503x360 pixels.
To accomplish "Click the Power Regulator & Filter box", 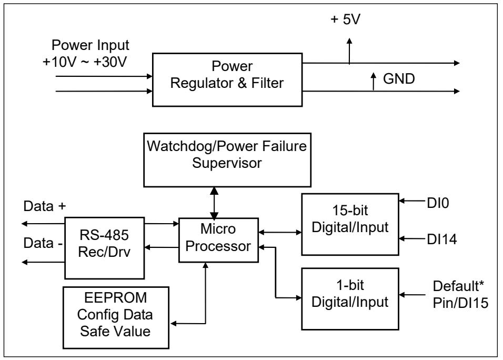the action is click(227, 79).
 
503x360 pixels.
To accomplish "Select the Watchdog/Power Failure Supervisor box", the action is click(227, 160).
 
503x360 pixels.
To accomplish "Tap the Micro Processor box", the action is click(218, 240).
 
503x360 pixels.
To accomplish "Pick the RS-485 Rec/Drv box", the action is click(105, 248).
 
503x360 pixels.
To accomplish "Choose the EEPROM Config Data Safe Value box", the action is click(116, 318).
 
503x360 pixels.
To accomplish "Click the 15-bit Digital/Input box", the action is click(350, 224).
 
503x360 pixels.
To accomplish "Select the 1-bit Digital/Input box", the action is click(350, 299).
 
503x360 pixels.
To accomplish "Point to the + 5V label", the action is click(346, 19).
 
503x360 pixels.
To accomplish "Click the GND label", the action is click(399, 79).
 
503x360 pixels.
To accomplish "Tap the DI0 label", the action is click(438, 203).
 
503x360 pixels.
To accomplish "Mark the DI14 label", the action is click(442, 239).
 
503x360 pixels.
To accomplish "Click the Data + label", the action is click(45, 206).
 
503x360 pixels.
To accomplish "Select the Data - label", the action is click(43, 243).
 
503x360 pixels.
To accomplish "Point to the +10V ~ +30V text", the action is click(85, 62).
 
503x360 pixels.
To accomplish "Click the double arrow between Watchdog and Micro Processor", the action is click(214, 203).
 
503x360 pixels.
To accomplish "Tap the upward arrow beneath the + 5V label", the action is click(349, 51).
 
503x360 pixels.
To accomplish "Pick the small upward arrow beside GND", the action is click(374, 82).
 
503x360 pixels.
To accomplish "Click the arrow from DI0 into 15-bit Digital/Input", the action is click(413, 201).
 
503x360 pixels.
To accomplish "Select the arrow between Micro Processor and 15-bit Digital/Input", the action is click(280, 232).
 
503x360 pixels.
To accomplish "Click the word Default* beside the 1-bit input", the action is click(458, 286).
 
